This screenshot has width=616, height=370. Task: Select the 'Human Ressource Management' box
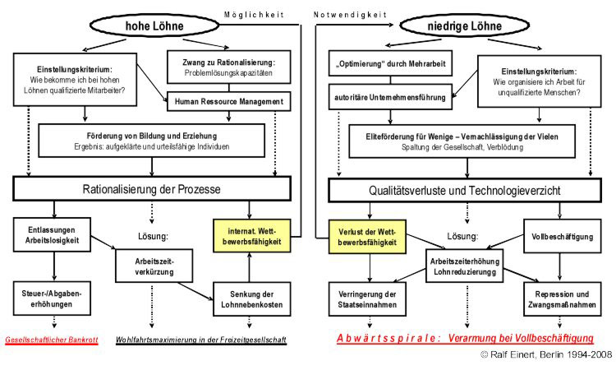click(x=229, y=103)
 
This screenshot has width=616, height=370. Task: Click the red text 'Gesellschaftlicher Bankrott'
click(x=52, y=339)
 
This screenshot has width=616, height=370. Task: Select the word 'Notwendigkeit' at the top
click(x=349, y=13)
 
